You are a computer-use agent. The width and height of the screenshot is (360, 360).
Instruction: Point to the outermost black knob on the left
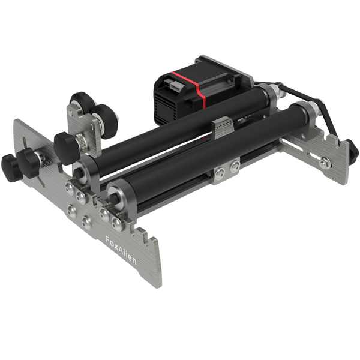pyautogui.click(x=8, y=162)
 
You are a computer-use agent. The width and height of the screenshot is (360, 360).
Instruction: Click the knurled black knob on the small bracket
pyautogui.click(x=64, y=145)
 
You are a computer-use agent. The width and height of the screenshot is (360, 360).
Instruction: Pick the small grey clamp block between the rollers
pyautogui.click(x=222, y=127)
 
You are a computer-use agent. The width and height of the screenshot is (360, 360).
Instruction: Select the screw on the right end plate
pyautogui.click(x=325, y=161)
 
